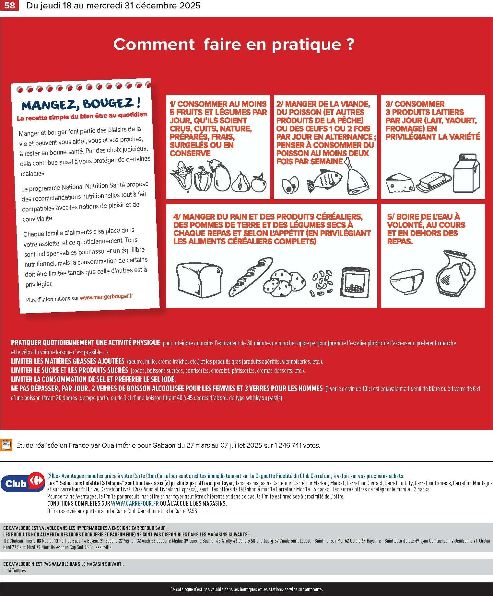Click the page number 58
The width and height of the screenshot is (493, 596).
[9, 6]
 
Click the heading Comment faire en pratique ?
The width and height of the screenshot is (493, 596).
[233, 44]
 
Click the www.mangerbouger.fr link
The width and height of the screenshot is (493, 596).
[106, 296]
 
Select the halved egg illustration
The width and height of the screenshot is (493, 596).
[290, 186]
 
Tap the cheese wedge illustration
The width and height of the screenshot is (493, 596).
[399, 183]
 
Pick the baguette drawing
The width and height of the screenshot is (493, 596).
[250, 277]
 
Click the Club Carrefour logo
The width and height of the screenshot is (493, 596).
[23, 484]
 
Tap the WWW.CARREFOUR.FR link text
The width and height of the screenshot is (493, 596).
[135, 503]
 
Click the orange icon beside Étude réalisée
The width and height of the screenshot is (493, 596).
[6, 445]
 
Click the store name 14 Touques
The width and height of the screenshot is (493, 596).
[16, 570]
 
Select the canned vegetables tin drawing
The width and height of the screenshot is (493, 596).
[355, 282]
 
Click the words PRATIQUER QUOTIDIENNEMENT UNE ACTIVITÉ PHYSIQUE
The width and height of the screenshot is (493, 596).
[86, 343]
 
